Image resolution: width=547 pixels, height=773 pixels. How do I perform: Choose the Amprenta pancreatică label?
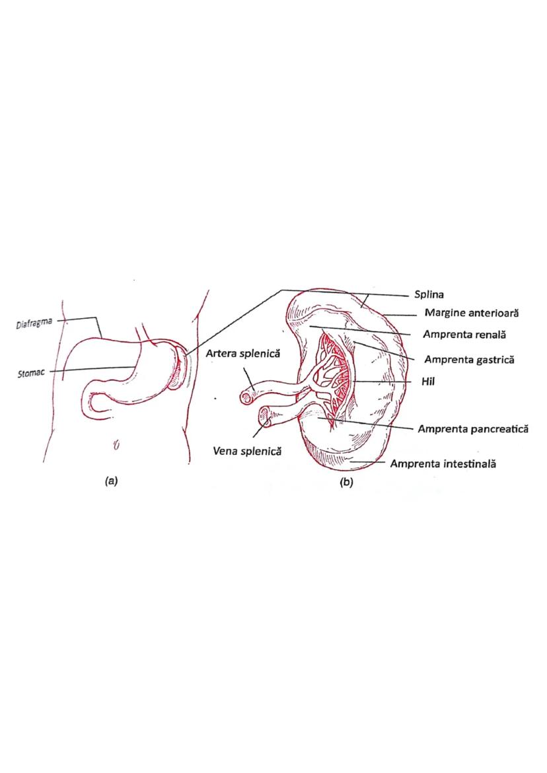pos(474,428)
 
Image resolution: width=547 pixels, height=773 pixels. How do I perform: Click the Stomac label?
pos(31,374)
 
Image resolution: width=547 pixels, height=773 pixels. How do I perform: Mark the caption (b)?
pos(346,483)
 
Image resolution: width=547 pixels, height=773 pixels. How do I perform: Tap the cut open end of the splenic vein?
pos(265,417)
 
